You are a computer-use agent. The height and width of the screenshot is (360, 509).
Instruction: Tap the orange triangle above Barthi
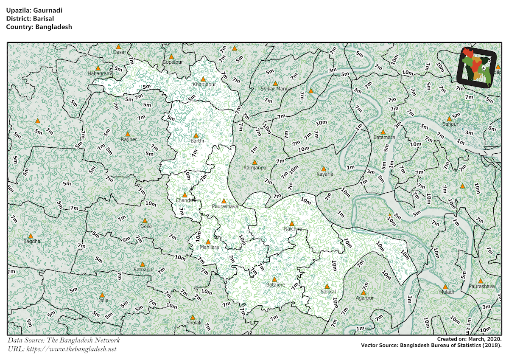[x=196, y=135]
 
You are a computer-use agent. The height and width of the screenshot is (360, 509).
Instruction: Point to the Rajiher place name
[x=129, y=139]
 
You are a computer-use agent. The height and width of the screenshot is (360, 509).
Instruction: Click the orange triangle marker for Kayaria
[x=323, y=169]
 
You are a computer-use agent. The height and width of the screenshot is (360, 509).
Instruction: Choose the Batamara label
[x=384, y=138]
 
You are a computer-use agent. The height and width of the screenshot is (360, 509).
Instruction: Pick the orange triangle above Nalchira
[x=291, y=223]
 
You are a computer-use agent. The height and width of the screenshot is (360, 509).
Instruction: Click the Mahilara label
[x=210, y=247]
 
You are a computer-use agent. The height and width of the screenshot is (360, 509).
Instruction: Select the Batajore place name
[x=276, y=285]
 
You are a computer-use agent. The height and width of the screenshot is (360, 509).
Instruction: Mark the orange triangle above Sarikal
[x=327, y=287]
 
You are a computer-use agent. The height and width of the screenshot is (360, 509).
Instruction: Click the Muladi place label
[x=447, y=292]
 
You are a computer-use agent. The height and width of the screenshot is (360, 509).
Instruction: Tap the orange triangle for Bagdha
[x=31, y=236]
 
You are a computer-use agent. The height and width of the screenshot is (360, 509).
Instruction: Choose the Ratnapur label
[x=143, y=270]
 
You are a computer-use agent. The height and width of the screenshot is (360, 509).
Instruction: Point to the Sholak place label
[x=194, y=323]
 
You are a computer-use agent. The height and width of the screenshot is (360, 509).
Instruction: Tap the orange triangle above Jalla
[x=102, y=295]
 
